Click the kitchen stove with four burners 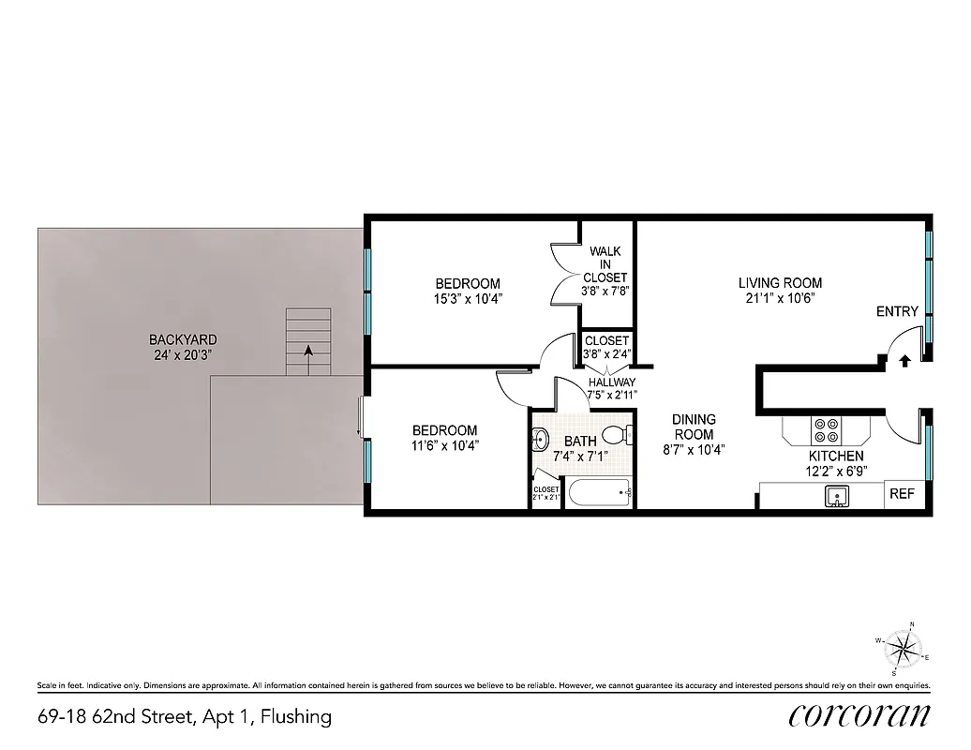click(827, 429)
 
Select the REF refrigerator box click(902, 494)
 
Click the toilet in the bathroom click(616, 435)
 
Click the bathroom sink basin click(539, 438)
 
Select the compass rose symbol click(903, 647)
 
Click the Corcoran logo click(859, 715)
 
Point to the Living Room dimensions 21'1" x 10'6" click(780, 299)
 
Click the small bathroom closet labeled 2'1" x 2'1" click(545, 493)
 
